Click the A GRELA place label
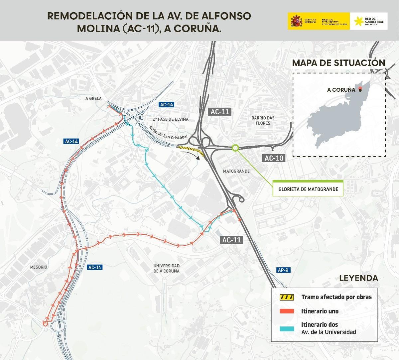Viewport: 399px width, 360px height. [x=93, y=98]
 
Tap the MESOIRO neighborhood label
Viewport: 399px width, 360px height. [x=39, y=267]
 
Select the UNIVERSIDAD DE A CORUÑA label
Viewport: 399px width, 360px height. [x=166, y=268]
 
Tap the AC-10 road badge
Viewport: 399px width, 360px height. [x=274, y=158]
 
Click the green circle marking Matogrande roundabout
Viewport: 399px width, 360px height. [x=235, y=148]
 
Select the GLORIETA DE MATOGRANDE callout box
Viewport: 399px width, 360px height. [x=308, y=189]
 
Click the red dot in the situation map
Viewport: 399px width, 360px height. [x=359, y=89]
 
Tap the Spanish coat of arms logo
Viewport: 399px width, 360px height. [x=296, y=21]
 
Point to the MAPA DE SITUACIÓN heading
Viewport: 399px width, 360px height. [x=338, y=62]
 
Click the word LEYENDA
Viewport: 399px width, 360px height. [x=358, y=278]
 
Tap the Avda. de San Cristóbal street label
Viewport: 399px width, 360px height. [x=163, y=133]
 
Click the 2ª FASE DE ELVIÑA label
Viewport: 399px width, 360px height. [x=171, y=119]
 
